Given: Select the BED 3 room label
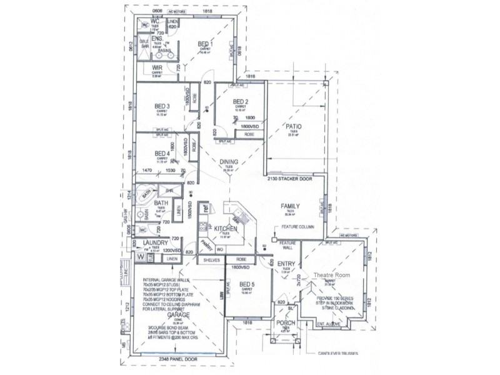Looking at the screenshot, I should [x=162, y=106].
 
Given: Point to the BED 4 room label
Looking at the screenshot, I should [x=162, y=153].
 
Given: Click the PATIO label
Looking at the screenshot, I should [x=294, y=126].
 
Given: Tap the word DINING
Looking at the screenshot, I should [x=228, y=161].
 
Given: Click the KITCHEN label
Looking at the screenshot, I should [x=226, y=230].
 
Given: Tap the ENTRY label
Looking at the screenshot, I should [x=286, y=264].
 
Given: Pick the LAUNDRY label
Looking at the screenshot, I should [x=154, y=242].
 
